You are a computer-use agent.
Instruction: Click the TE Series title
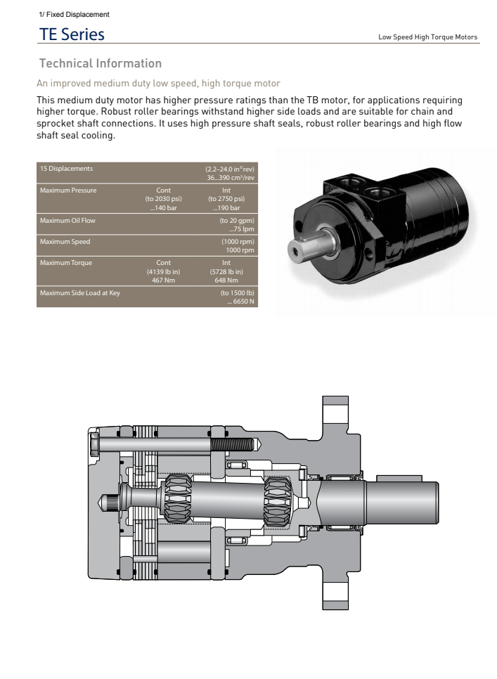point(72,34)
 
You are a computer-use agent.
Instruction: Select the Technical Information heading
point(101,64)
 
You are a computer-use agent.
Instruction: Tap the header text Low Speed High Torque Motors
point(427,37)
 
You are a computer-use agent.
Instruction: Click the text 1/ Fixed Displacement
point(74,14)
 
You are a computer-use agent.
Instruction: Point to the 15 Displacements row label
point(66,169)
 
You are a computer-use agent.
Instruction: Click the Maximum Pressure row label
point(68,190)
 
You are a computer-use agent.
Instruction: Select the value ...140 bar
point(163,208)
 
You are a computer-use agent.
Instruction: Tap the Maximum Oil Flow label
point(67,221)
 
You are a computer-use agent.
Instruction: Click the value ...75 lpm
point(241,229)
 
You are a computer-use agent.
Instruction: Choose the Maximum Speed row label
point(65,242)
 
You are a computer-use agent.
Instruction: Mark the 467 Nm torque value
point(163,280)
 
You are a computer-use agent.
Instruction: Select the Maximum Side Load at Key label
point(79,293)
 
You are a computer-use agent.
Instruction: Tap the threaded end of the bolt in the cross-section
point(233,444)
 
